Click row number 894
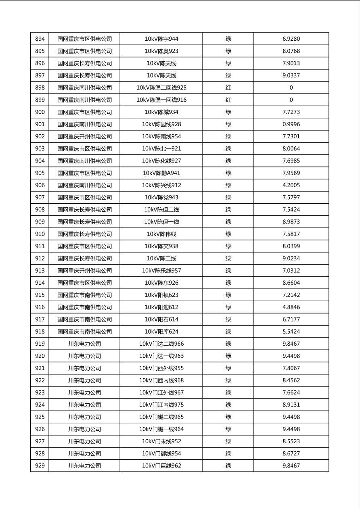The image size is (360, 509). coord(40,39)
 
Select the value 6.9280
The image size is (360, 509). coord(291,39)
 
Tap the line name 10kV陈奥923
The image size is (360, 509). coord(161,51)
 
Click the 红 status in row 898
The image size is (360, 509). coord(228,88)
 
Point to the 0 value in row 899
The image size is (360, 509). coord(291,100)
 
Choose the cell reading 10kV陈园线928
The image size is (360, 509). coord(161,124)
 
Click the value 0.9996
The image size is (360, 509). coord(291,124)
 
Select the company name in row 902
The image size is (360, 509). coord(84,137)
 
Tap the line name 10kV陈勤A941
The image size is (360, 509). coord(161,173)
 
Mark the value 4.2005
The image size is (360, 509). coord(291,186)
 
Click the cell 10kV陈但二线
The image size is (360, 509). coord(161,210)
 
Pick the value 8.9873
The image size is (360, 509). coord(291,222)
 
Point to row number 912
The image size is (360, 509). coord(40,259)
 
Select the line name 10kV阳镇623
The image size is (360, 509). coord(161,295)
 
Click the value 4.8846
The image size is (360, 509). coord(291,307)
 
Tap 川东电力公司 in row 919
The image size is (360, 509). coord(84,344)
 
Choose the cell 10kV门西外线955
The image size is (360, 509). coord(161,368)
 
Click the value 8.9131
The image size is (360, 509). coord(291,405)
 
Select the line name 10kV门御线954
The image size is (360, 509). coord(161,454)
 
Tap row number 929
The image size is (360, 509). coord(40,466)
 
